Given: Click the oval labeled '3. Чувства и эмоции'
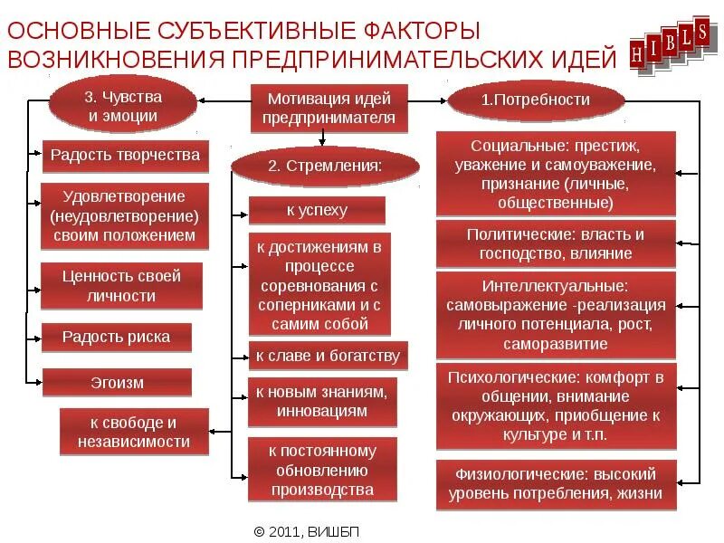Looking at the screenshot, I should point(122,106).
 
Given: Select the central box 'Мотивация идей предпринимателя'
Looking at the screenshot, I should point(329,108).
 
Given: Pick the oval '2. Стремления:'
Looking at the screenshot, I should point(325,166).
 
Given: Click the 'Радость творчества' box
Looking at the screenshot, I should point(125,155).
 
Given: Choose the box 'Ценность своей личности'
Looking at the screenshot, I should point(121,286).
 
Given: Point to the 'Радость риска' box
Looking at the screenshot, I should point(116,338).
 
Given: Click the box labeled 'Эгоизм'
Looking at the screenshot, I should point(116,383).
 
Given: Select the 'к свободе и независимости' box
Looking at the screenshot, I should point(134,432).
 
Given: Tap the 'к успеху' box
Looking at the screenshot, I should point(317,211).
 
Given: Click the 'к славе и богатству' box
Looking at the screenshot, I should point(328,356).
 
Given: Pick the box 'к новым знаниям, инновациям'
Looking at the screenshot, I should point(321,401).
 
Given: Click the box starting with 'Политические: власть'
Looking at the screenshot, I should point(556,243).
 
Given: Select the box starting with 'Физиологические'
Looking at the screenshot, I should point(556,484).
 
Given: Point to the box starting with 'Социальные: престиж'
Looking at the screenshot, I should point(556,174).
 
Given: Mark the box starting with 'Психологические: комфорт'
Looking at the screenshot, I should point(556,406).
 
